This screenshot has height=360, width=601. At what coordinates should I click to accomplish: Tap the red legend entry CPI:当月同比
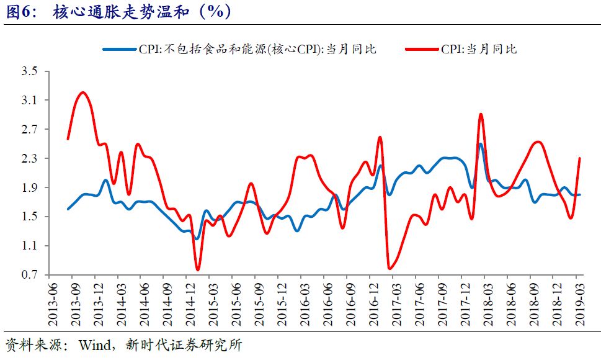click(478, 49)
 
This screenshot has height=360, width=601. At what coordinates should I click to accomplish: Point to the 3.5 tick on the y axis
click(29, 71)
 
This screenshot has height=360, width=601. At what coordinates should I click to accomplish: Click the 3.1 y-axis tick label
click(29, 101)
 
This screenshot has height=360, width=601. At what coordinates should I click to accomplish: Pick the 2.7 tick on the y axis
click(29, 130)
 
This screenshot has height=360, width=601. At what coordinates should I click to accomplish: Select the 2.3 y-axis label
click(29, 159)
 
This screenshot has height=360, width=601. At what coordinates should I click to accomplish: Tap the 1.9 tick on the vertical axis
click(29, 188)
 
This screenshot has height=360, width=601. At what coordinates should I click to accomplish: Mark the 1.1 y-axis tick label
click(29, 246)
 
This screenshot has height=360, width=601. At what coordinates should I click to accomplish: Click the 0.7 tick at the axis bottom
click(29, 275)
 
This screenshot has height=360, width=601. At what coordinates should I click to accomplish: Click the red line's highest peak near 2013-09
click(82, 92)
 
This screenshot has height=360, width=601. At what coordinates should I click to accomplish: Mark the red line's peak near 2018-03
click(481, 114)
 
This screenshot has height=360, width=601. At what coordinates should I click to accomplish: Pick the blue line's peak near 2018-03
click(480, 144)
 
